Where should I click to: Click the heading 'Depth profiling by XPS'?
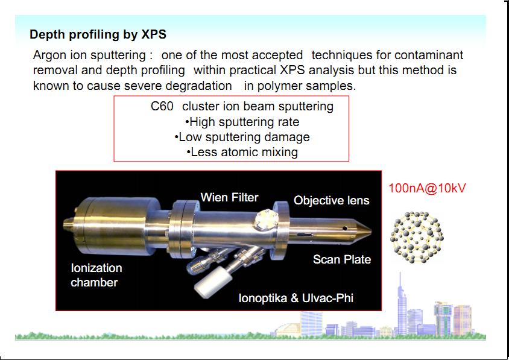98,34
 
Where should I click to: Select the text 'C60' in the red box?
162,107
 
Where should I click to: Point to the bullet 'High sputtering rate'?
242,122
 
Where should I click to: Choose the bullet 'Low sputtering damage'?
242,137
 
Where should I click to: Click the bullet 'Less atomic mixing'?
242,152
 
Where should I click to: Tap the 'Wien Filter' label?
230,197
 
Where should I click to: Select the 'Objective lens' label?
332,201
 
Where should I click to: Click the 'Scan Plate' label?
342,259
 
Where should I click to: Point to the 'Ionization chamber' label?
96,275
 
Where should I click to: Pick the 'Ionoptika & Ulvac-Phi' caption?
296,298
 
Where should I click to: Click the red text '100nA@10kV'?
427,188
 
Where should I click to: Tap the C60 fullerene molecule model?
417,238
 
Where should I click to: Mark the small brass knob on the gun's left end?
68,224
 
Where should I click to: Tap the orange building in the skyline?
463,320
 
